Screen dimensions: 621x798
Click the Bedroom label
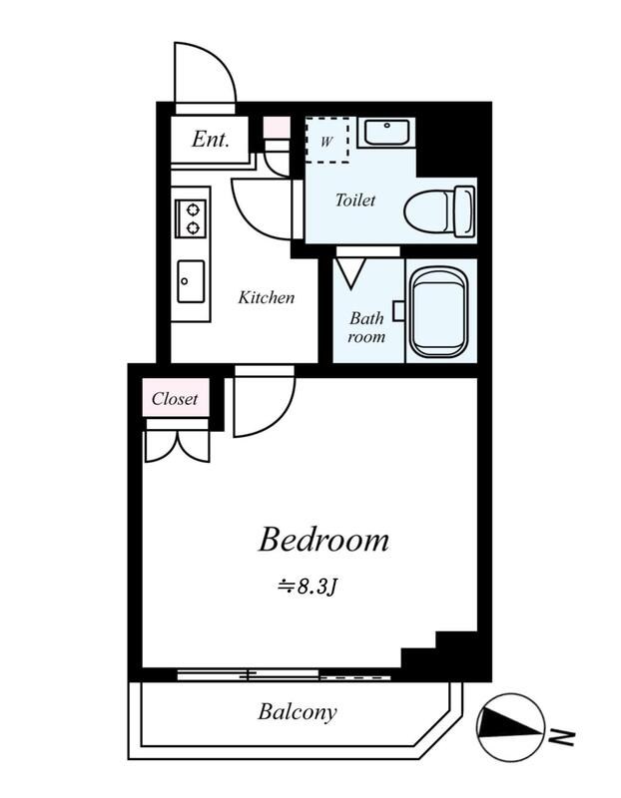pyautogui.click(x=324, y=541)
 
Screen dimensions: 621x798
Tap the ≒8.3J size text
pyautogui.click(x=308, y=588)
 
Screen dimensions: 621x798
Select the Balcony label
pyautogui.click(x=297, y=712)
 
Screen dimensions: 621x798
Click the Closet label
pyautogui.click(x=175, y=399)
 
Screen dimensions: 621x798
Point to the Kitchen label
pyautogui.click(x=266, y=297)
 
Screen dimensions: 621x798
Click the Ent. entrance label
pyautogui.click(x=210, y=139)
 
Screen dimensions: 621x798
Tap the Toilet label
pyautogui.click(x=355, y=200)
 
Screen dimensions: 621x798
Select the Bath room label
pyautogui.click(x=366, y=327)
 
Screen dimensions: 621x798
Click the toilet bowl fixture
pyautogui.click(x=439, y=211)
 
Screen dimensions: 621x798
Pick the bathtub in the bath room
pyautogui.click(x=439, y=313)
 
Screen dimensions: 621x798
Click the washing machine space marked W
pyautogui.click(x=326, y=141)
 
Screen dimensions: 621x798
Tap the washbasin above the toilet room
pyautogui.click(x=386, y=133)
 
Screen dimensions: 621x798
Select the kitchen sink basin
pyautogui.click(x=191, y=281)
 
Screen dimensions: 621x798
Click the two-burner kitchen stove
pyautogui.click(x=191, y=218)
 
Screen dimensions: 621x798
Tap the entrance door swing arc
pyautogui.click(x=219, y=60)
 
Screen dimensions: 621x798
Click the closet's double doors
pyautogui.click(x=178, y=447)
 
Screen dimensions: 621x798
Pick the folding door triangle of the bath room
pyautogui.click(x=351, y=273)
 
